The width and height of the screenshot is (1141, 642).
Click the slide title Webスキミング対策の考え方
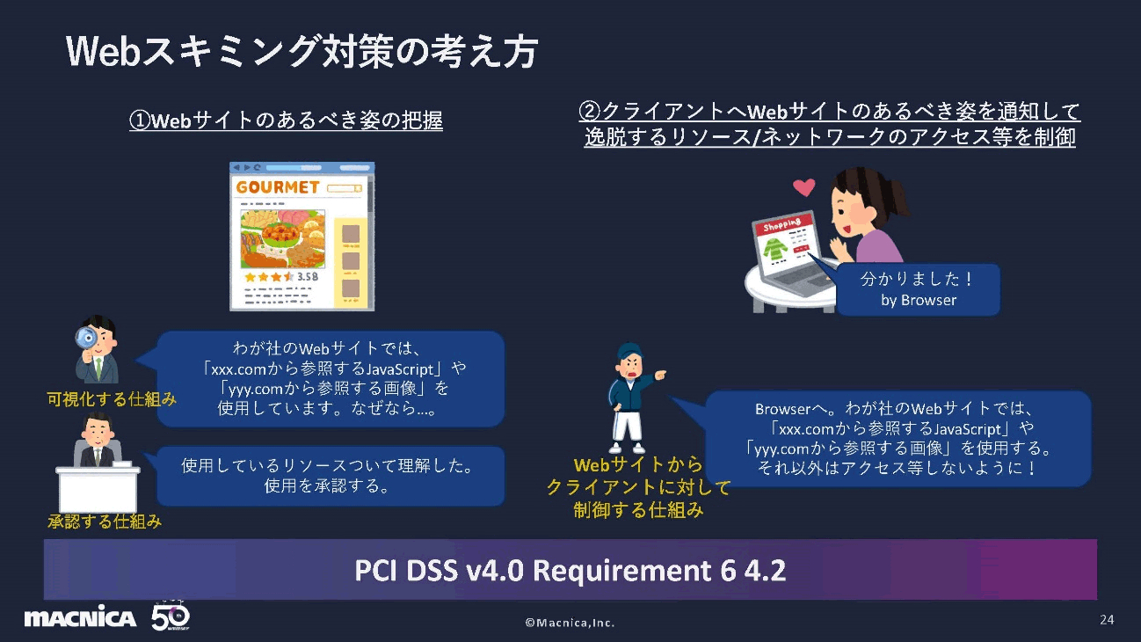click(302, 53)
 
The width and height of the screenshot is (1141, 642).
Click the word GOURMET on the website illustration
click(278, 187)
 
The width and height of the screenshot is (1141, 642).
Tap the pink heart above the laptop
click(803, 186)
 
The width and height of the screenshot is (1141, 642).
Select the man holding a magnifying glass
click(98, 351)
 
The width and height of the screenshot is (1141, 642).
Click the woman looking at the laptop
click(865, 220)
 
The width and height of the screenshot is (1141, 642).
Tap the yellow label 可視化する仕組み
click(112, 398)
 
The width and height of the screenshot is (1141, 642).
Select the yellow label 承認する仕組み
click(105, 521)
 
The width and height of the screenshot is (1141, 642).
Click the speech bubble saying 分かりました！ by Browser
click(918, 289)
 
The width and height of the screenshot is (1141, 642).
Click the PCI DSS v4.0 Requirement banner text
click(570, 571)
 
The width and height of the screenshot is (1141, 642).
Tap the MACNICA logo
click(80, 618)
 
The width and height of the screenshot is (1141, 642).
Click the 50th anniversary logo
click(171, 617)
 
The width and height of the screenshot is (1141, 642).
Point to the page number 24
click(1107, 620)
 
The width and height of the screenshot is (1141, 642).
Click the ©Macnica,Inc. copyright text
click(570, 623)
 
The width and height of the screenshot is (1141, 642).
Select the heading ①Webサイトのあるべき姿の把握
click(286, 120)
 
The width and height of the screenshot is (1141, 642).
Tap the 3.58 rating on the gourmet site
click(307, 276)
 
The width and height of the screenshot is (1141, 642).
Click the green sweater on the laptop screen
click(776, 251)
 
